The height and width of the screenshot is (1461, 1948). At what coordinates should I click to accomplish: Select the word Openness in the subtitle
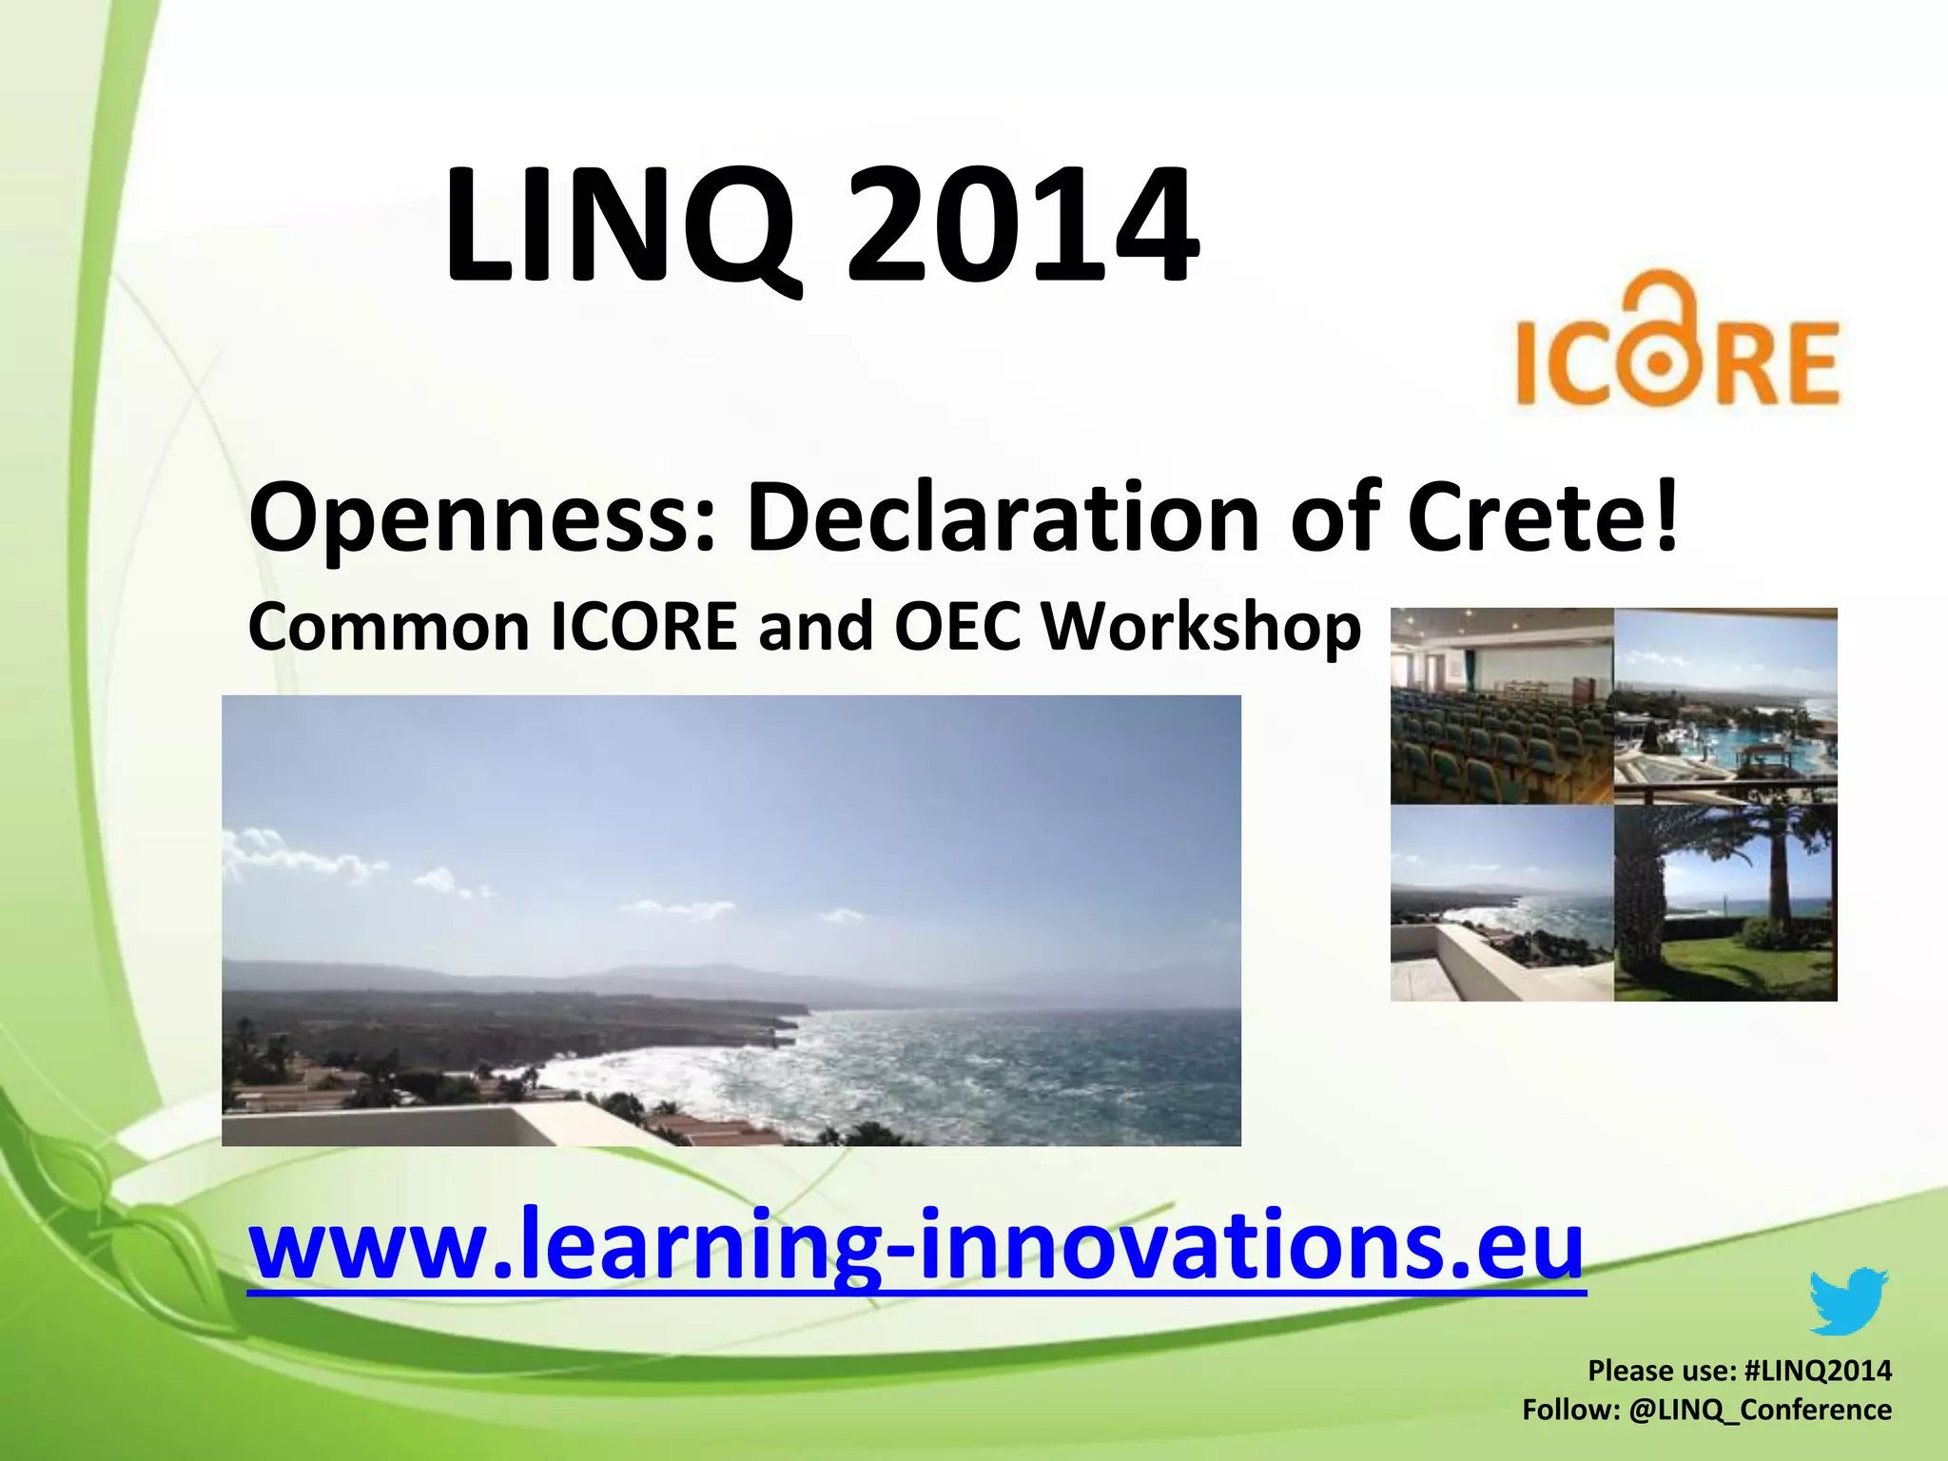pyautogui.click(x=480, y=518)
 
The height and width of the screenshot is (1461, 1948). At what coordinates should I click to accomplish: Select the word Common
pyautogui.click(x=388, y=628)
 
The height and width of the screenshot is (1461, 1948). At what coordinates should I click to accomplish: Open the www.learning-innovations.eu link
pyautogui.click(x=916, y=1243)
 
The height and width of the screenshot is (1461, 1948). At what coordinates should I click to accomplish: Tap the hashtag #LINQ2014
pyautogui.click(x=1818, y=1371)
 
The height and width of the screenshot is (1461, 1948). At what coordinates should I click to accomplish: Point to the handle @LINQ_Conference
pyautogui.click(x=1760, y=1410)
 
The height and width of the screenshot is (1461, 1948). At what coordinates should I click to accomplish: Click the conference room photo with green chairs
pyautogui.click(x=1502, y=706)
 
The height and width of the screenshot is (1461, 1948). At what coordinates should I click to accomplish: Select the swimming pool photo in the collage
pyautogui.click(x=1725, y=706)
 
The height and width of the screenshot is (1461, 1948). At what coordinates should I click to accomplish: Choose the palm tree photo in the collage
pyautogui.click(x=1725, y=902)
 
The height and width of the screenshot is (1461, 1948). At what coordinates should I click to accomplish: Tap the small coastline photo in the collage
pyautogui.click(x=1502, y=902)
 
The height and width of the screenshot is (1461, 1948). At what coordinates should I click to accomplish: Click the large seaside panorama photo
pyautogui.click(x=730, y=920)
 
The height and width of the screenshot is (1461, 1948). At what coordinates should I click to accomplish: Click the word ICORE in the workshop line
pyautogui.click(x=644, y=628)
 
